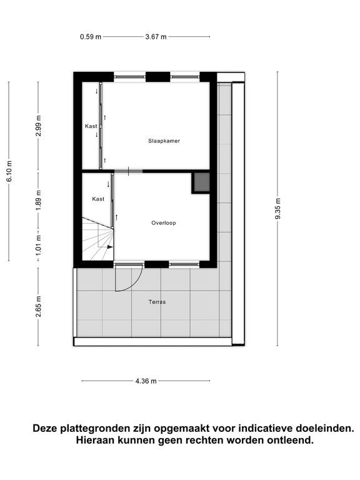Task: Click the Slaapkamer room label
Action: pyautogui.click(x=164, y=141)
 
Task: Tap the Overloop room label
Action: pyautogui.click(x=164, y=223)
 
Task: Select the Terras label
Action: pyautogui.click(x=157, y=302)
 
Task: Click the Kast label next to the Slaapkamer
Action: pyautogui.click(x=91, y=126)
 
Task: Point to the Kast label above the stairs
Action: pyautogui.click(x=98, y=199)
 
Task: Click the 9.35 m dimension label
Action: pyautogui.click(x=278, y=209)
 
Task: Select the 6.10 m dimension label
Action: pyautogui.click(x=9, y=171)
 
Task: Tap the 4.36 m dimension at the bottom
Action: pyautogui.click(x=146, y=381)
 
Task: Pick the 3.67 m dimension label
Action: pyautogui.click(x=156, y=37)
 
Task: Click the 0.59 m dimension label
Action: pyautogui.click(x=90, y=37)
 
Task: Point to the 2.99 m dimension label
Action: pyautogui.click(x=39, y=126)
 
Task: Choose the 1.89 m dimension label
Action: pyautogui.click(x=39, y=200)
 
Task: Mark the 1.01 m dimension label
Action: pyautogui.click(x=39, y=246)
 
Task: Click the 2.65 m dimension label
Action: pyautogui.click(x=39, y=306)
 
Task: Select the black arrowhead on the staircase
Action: pyautogui.click(x=110, y=247)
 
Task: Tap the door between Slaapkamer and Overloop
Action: pyautogui.click(x=129, y=171)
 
